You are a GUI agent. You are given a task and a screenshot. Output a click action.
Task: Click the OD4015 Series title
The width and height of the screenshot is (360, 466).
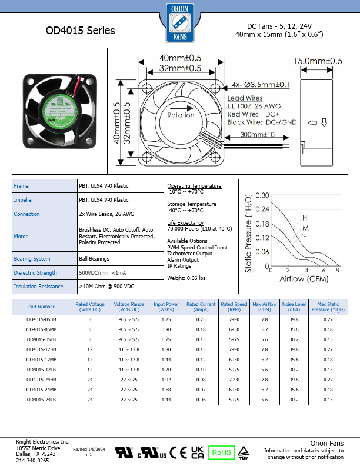(80, 31)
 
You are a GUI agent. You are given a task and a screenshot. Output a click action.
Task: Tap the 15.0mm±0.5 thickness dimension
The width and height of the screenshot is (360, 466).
(318, 61)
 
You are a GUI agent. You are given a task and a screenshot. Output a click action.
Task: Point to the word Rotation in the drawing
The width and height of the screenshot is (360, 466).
(180, 115)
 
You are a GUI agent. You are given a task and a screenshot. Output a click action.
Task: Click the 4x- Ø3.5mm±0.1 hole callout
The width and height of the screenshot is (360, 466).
(261, 85)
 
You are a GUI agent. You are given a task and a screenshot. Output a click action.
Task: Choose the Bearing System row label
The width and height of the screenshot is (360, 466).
(32, 258)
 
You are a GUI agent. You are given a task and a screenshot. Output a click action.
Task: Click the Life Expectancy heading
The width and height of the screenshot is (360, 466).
(185, 223)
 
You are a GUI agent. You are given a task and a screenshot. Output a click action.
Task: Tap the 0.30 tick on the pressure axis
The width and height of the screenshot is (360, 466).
(262, 195)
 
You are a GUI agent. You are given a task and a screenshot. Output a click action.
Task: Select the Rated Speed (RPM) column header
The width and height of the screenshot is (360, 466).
(234, 307)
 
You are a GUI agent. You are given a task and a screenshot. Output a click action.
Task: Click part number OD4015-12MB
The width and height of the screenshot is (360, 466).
(41, 359)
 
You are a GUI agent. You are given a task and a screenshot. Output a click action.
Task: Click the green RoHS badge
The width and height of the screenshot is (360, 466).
(222, 452)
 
